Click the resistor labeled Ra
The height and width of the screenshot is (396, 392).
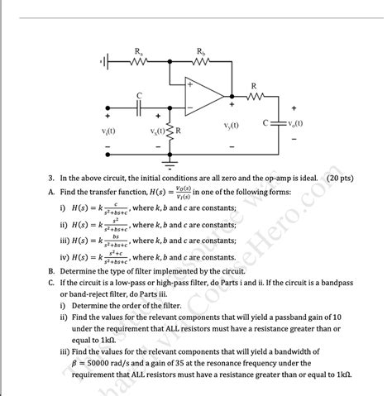click(x=137, y=61)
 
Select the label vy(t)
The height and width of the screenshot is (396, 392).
click(x=232, y=126)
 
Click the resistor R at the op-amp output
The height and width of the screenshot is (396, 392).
click(x=254, y=96)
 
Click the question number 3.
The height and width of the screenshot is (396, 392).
click(x=51, y=177)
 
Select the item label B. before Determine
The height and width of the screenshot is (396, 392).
click(x=51, y=270)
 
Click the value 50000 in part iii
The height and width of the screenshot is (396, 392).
click(x=107, y=362)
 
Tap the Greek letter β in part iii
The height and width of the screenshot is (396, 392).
click(x=74, y=362)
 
